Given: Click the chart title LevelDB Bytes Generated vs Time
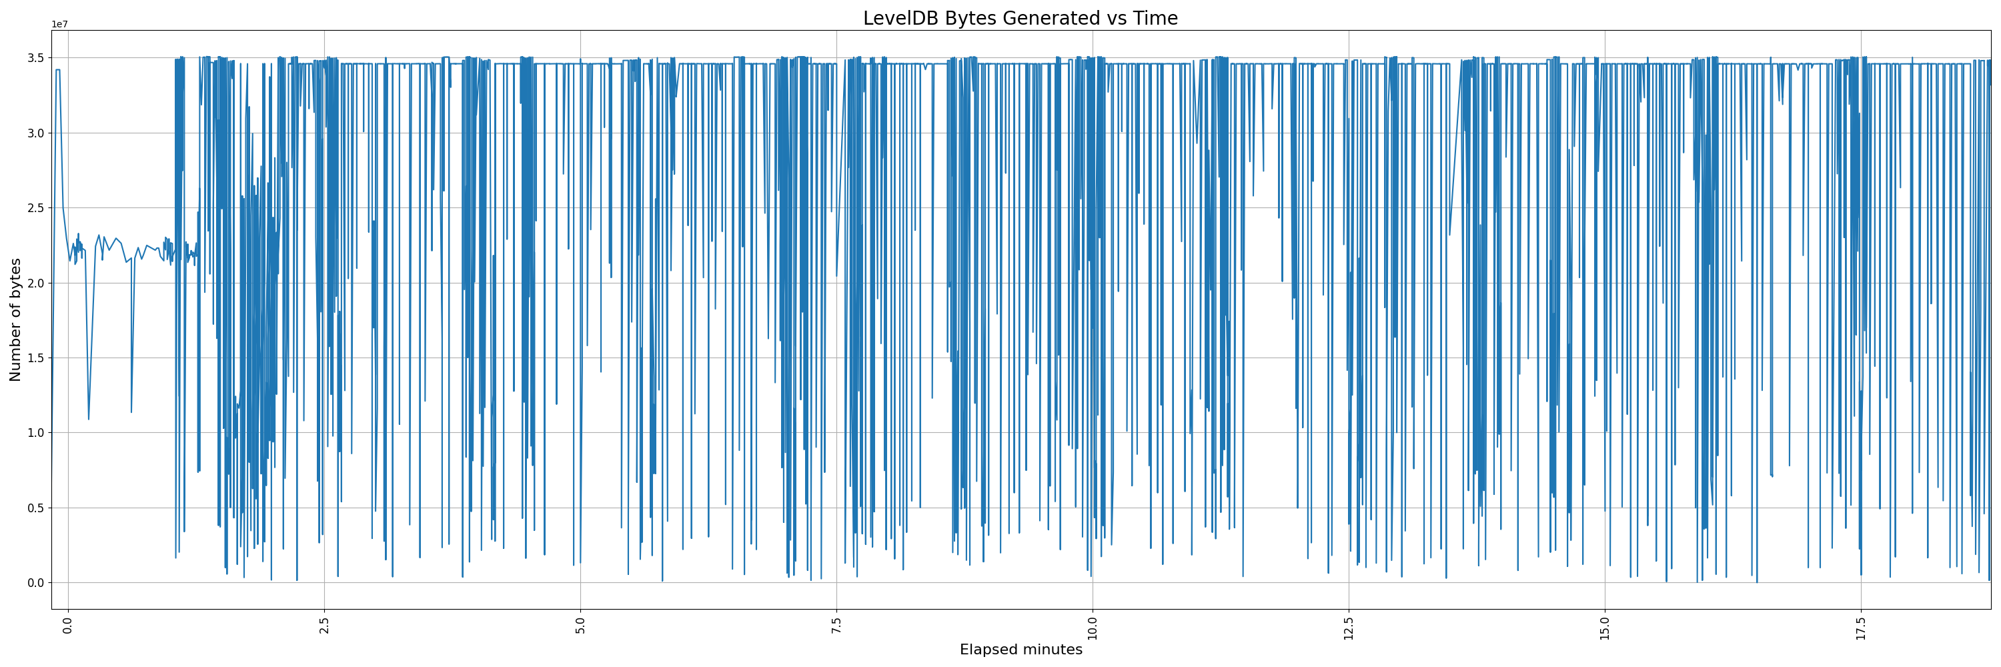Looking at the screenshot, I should [x=1020, y=18].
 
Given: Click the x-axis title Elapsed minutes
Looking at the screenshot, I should [x=1021, y=650].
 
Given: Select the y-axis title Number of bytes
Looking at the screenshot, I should [x=15, y=320].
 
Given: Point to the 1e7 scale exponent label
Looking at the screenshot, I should [x=60, y=24].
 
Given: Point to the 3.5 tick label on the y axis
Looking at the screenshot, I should [x=36, y=58].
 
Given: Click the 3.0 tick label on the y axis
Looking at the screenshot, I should [x=36, y=133].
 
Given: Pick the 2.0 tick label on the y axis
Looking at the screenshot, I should [x=36, y=283].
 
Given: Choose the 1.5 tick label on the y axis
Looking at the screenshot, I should [x=36, y=358].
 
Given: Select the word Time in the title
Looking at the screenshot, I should [x=1155, y=18].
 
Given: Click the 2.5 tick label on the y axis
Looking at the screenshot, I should [x=36, y=208].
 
